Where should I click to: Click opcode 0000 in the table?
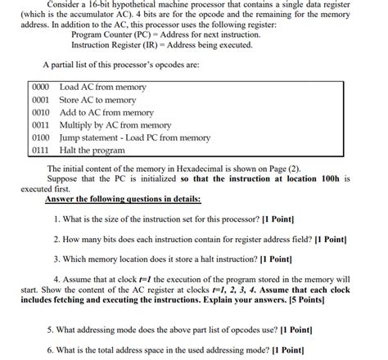click(x=41, y=86)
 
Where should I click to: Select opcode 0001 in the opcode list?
click(x=41, y=99)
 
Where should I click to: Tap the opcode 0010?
click(x=41, y=112)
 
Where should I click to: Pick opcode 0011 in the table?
click(x=41, y=125)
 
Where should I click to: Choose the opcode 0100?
click(x=41, y=138)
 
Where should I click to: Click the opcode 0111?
click(x=41, y=151)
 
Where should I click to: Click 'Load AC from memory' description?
click(x=102, y=86)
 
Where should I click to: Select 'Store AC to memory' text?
click(x=98, y=99)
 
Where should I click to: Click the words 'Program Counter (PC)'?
click(x=107, y=36)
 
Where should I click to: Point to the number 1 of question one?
click(x=56, y=219)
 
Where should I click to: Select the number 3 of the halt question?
click(x=56, y=259)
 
